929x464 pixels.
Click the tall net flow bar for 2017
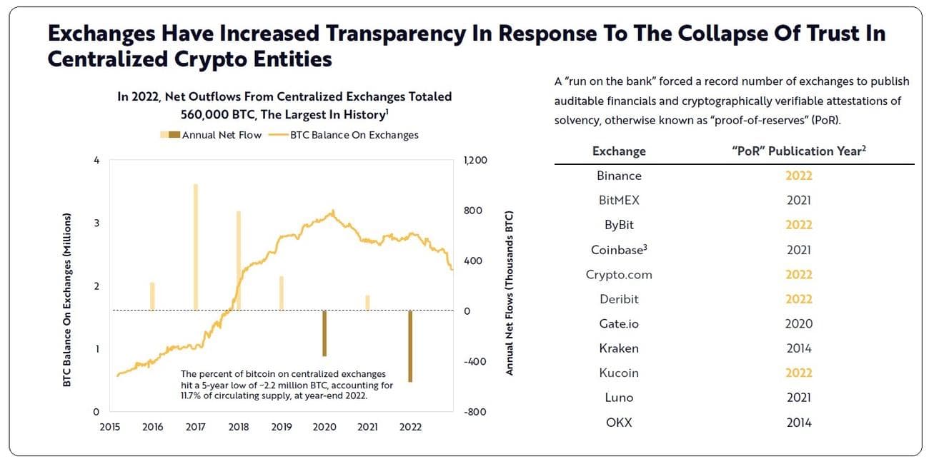[x=195, y=247]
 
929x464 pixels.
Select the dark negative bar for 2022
[x=410, y=346]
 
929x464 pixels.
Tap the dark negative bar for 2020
[x=324, y=333]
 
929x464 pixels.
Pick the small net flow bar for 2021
[x=367, y=303]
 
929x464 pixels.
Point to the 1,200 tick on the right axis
[x=475, y=160]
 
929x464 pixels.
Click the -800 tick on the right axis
[x=475, y=412]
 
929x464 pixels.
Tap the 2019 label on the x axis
[x=282, y=427]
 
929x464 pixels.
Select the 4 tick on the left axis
[x=96, y=160]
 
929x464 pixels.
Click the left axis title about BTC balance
[x=67, y=300]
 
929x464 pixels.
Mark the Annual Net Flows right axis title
[x=510, y=293]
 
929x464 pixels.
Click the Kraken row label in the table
[x=619, y=348]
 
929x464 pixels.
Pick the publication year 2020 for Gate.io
[x=798, y=323]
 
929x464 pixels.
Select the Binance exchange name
[x=619, y=176]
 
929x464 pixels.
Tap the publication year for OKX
[x=798, y=423]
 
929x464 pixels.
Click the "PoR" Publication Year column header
[x=798, y=151]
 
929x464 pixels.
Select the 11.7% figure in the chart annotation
[x=190, y=395]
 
